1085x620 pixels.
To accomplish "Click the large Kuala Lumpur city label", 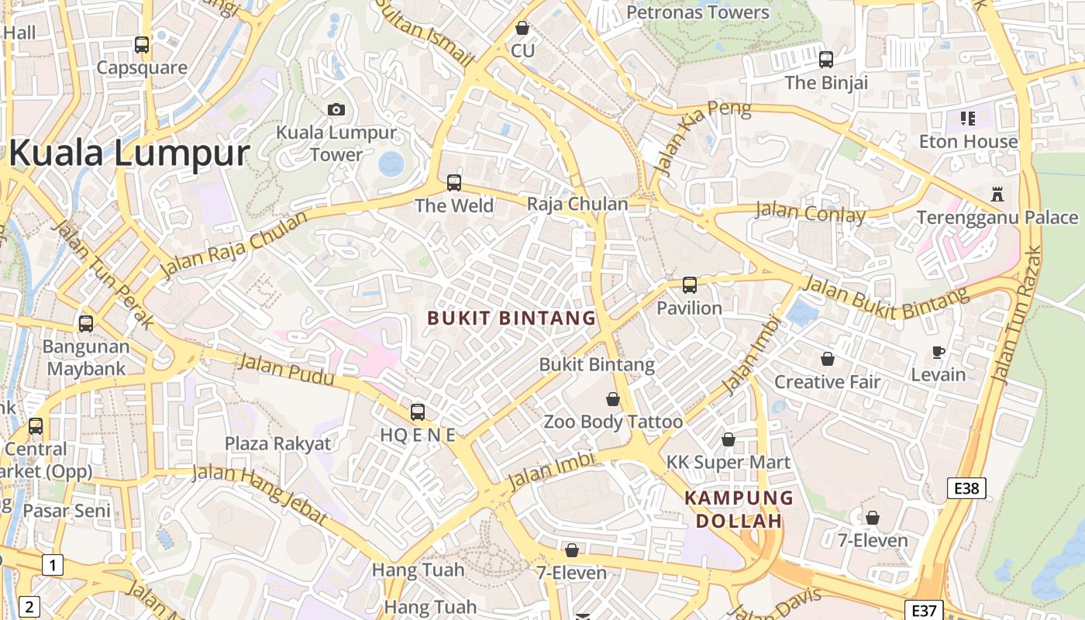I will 129,153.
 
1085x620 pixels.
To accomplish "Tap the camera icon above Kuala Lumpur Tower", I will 336,109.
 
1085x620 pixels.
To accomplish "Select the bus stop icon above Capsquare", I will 141,45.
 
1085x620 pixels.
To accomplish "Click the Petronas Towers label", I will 697,12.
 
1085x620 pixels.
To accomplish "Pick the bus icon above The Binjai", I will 826,59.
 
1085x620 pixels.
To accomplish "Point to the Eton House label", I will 968,142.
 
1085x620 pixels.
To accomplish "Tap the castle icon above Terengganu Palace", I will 997,194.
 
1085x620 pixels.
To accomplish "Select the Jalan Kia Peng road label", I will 701,137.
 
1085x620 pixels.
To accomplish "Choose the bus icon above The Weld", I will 454,183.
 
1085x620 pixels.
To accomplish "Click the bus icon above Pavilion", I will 690,285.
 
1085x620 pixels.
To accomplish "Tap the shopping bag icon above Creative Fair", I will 828,359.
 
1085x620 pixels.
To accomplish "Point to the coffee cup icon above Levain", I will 939,353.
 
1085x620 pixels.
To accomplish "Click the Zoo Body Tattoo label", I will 613,422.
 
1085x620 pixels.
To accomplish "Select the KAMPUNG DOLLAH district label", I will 739,509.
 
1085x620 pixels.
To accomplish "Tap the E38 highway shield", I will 966,488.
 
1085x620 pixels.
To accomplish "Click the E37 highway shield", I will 924,609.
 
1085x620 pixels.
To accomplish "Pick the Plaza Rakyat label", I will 277,444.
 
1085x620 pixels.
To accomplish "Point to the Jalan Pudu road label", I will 286,370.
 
